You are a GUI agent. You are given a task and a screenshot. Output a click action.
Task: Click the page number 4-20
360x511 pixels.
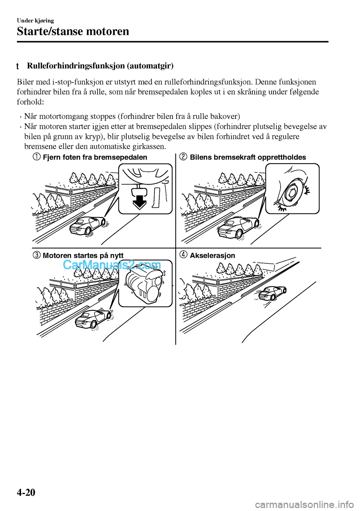click(x=26, y=492)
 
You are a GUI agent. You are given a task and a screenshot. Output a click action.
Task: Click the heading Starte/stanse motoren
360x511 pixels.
click(x=73, y=31)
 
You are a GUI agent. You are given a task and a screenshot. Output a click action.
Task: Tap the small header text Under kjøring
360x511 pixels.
click(x=35, y=21)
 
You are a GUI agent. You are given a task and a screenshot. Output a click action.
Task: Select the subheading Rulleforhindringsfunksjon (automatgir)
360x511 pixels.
click(x=100, y=66)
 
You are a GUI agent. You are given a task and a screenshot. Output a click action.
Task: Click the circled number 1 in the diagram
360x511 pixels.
click(x=36, y=157)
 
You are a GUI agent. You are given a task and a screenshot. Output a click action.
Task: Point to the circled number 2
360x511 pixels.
click(x=183, y=157)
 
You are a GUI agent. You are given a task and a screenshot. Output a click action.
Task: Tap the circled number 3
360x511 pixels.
click(x=36, y=255)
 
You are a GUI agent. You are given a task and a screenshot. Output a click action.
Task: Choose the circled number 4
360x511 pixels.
click(x=183, y=255)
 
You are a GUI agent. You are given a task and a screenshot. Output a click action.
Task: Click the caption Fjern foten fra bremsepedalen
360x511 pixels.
click(x=95, y=157)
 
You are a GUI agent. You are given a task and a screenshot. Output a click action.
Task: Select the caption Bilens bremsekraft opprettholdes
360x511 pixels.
click(x=248, y=157)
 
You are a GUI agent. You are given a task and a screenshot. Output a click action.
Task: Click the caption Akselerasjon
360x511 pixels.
click(x=212, y=255)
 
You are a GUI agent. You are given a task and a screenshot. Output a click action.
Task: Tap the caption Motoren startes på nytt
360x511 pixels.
click(x=83, y=255)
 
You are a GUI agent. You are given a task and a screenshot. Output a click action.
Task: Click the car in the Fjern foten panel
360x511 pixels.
click(x=88, y=225)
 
